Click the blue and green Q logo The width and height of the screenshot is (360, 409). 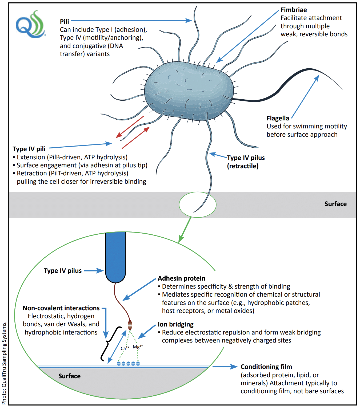click(30, 25)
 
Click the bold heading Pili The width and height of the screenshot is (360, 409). click(64, 22)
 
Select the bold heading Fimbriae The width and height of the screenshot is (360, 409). click(294, 10)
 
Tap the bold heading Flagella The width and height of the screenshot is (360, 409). click(278, 118)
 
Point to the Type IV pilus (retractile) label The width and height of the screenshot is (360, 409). click(246, 162)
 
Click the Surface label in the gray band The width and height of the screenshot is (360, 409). click(335, 204)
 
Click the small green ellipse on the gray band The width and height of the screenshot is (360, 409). click(197, 204)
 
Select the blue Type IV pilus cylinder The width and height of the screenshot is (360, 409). click(115, 256)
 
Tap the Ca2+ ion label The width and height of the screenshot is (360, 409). click(125, 348)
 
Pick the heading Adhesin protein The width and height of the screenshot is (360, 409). click(181, 278)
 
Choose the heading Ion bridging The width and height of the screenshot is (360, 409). click(175, 324)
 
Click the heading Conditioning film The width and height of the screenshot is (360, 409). click(266, 367)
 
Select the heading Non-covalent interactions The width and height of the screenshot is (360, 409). click(61, 308)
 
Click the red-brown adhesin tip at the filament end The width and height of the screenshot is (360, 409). click(130, 325)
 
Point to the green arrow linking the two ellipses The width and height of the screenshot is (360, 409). click(185, 230)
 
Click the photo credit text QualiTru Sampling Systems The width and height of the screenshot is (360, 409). click(4, 363)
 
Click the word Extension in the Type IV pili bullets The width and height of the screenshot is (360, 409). click(31, 157)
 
